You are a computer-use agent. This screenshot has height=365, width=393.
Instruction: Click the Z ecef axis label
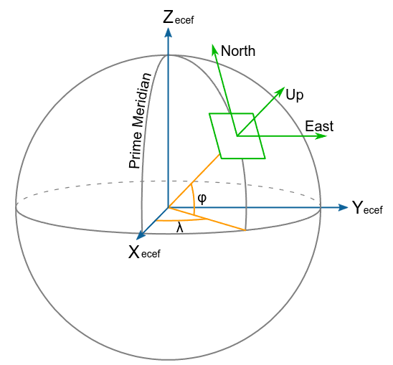[178, 18]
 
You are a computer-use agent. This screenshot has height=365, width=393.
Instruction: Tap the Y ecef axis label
[367, 208]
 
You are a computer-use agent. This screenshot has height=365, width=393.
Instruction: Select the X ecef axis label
[144, 252]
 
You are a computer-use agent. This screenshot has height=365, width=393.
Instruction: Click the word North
[238, 51]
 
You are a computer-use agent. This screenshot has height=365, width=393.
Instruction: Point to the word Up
[295, 95]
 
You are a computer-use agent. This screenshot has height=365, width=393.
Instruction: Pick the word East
[319, 126]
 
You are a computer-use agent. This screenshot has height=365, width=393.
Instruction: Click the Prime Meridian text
[140, 120]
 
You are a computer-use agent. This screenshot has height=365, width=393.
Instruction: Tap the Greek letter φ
[202, 199]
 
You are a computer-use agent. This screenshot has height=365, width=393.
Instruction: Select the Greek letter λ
[180, 228]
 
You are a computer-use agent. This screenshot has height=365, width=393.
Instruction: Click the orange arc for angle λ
[181, 221]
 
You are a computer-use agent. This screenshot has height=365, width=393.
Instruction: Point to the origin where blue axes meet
[169, 207]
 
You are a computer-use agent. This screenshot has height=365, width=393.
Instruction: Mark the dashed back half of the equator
[169, 181]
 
